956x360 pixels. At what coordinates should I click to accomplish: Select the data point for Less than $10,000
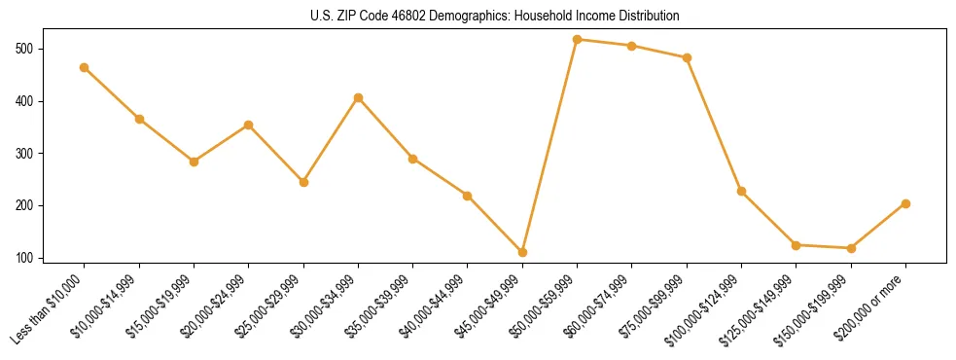(85, 67)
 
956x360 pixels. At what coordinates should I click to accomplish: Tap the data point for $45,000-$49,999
(522, 252)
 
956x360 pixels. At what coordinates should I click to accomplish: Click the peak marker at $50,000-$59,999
(578, 40)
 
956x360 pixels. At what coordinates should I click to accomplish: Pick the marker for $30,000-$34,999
(358, 97)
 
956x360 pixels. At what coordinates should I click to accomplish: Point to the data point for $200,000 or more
(905, 203)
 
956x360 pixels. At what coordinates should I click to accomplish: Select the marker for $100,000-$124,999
(741, 191)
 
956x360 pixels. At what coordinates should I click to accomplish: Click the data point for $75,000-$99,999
(687, 57)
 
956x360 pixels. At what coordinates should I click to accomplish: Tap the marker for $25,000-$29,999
(303, 182)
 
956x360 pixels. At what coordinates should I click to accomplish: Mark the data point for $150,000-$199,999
(851, 248)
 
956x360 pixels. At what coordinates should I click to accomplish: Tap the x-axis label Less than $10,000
(49, 309)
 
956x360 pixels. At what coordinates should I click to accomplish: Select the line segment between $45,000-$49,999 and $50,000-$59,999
(549, 146)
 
